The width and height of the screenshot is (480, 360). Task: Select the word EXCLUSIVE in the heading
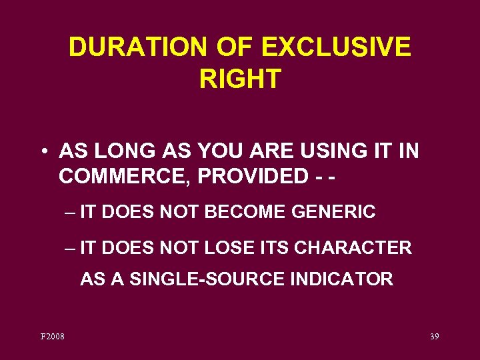tap(337, 48)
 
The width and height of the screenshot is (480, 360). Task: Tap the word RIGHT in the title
tap(240, 79)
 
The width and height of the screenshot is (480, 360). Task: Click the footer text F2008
tap(53, 337)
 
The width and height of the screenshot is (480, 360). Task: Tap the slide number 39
tap(434, 337)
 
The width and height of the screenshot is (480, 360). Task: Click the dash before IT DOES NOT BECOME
tap(71, 213)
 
